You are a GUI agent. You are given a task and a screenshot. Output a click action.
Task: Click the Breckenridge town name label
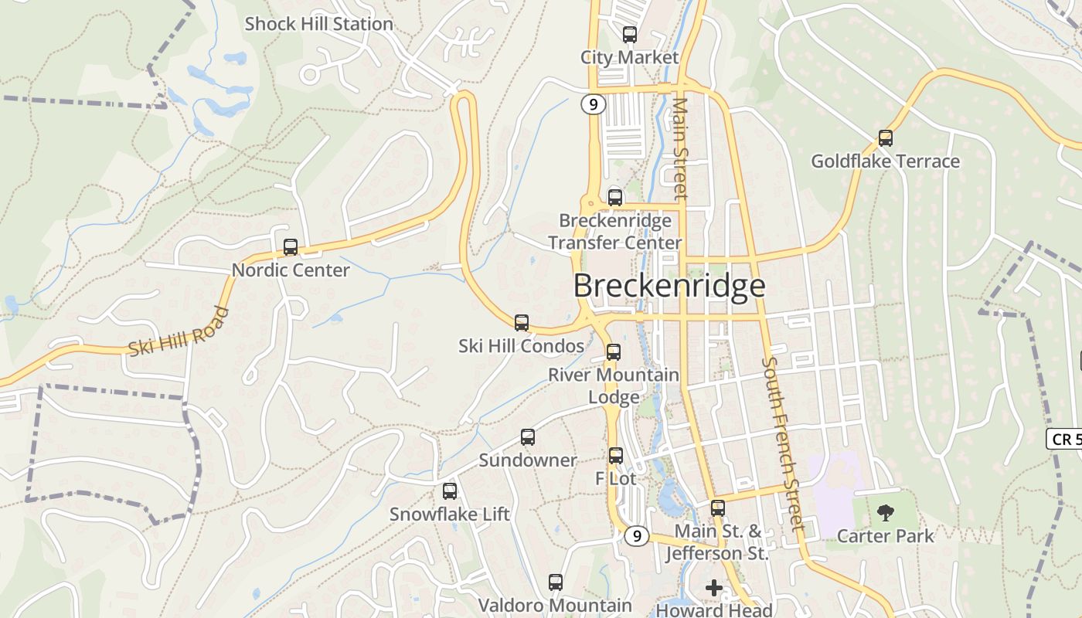pos(669,286)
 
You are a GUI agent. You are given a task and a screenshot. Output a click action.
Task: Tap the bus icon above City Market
pos(630,35)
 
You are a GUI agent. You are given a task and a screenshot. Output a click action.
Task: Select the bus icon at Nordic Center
pos(291,247)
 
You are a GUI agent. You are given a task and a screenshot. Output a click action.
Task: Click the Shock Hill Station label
pos(319,24)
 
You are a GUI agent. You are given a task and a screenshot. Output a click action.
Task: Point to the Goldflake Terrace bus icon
pos(886,138)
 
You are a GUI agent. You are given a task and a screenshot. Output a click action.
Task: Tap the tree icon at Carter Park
pos(886,512)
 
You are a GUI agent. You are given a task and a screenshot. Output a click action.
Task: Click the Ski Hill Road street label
pos(179,332)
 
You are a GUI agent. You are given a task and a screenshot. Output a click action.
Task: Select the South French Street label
pos(784,443)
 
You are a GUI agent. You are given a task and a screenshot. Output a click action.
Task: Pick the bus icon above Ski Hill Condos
pos(522,323)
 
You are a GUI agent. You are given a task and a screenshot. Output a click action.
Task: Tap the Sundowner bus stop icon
pos(528,437)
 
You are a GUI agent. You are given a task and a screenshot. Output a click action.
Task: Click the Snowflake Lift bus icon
pos(450,491)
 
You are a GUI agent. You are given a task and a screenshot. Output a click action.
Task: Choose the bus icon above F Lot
pos(616,456)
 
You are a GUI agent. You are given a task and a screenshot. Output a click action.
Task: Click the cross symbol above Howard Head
pos(714,588)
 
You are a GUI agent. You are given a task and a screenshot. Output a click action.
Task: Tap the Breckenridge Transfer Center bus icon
pos(615,198)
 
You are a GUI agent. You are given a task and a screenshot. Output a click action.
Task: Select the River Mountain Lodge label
pos(614,385)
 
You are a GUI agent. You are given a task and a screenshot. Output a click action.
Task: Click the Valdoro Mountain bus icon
pos(556,582)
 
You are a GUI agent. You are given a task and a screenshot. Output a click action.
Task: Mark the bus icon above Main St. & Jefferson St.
pos(718,508)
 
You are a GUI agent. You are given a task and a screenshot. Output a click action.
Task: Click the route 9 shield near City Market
pos(593,104)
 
